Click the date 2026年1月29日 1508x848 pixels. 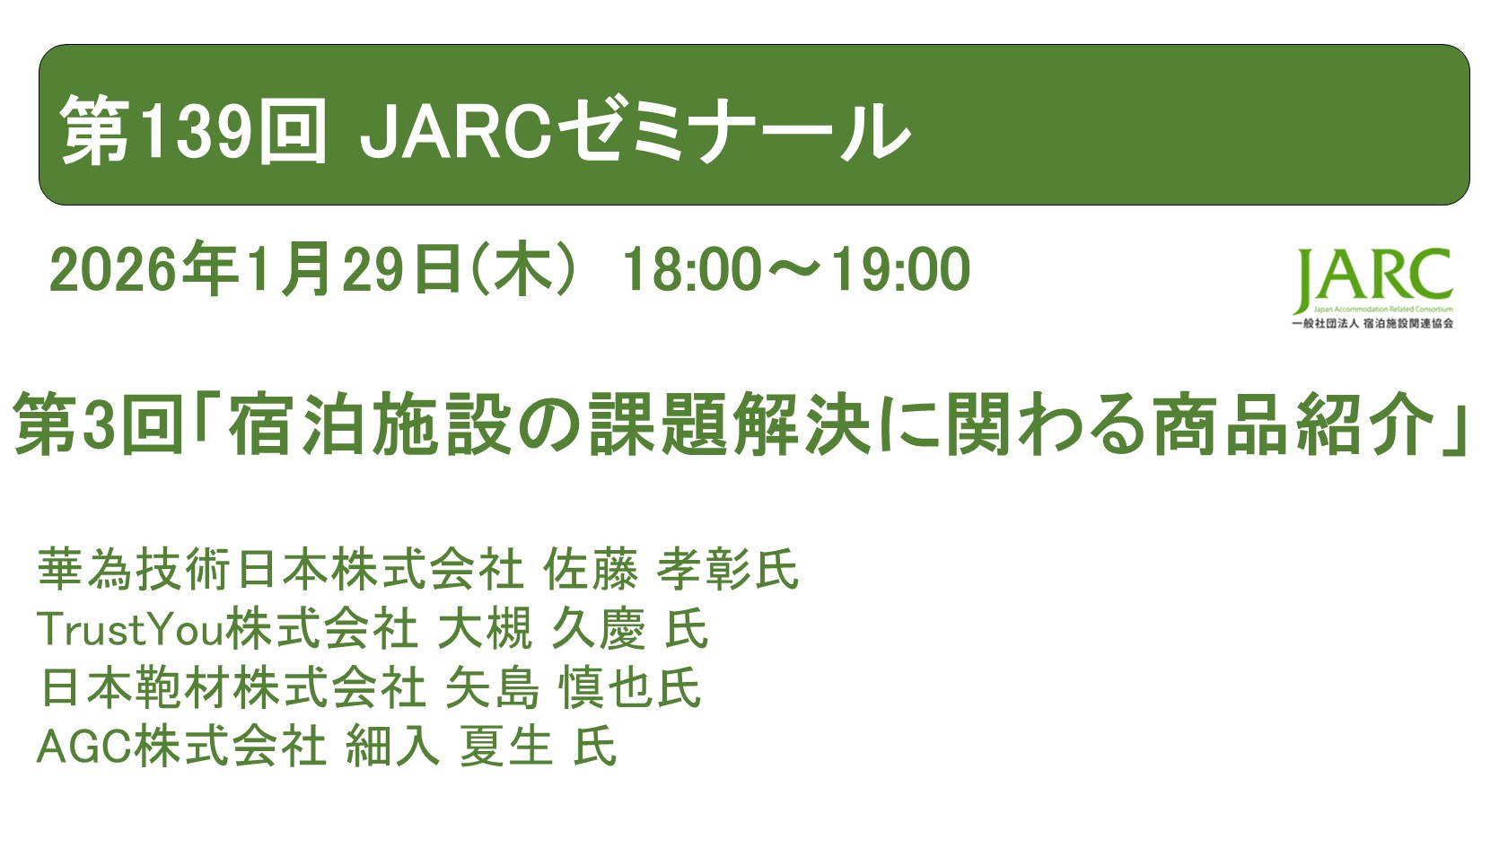tap(256, 269)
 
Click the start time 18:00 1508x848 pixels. tap(691, 269)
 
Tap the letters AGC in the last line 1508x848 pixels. tap(84, 746)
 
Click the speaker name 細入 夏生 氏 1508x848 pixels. tap(481, 746)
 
